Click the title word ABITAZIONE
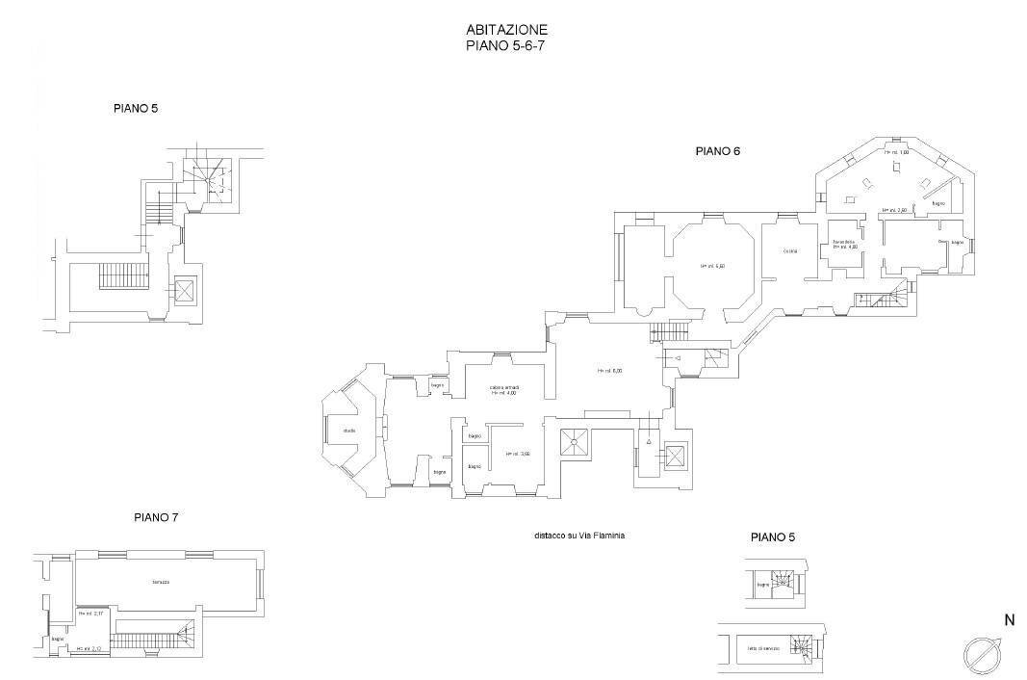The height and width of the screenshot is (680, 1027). coord(506,30)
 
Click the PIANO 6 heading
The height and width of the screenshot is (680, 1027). coord(717,151)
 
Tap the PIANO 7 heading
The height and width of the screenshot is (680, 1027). coord(156,517)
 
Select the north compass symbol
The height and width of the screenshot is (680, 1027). coord(983,655)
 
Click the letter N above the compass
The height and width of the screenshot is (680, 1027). coord(1009,621)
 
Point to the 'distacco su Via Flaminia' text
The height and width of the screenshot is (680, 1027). coord(580,536)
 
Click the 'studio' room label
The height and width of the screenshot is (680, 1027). coord(348,431)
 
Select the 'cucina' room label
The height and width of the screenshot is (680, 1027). coord(789,251)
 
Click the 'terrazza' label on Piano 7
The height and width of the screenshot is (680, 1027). coord(161,582)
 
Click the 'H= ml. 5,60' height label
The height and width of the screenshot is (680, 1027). coord(712,266)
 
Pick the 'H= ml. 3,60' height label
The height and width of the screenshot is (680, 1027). coord(518,454)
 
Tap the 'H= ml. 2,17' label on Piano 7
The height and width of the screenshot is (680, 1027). coord(90,614)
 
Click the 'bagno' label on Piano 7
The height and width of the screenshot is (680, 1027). coord(58,640)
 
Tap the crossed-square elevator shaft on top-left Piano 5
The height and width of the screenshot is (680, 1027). coord(183,289)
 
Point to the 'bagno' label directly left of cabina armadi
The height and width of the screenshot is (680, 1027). coord(437,386)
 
